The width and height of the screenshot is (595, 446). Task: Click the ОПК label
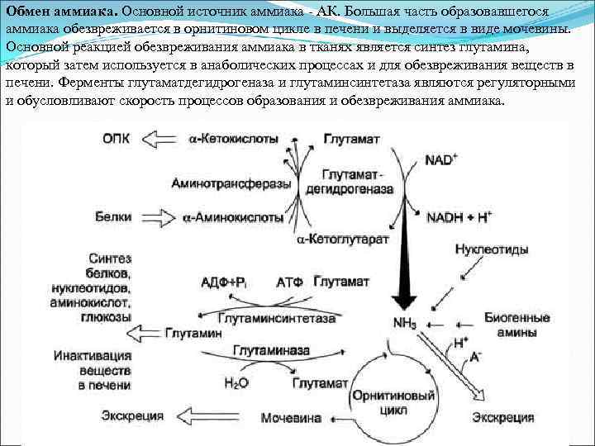coord(119,139)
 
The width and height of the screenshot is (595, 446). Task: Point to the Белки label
coord(114,218)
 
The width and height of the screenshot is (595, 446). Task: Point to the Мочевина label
coord(291,418)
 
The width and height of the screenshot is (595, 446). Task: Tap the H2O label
coord(236,382)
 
